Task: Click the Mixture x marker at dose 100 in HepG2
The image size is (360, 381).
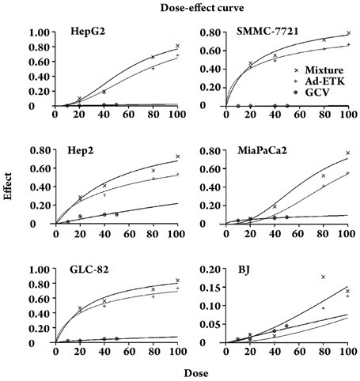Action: pyautogui.click(x=177, y=46)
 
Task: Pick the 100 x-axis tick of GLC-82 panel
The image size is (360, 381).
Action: pyautogui.click(x=177, y=353)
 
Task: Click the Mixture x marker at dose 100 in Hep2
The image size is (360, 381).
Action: pyautogui.click(x=177, y=157)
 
